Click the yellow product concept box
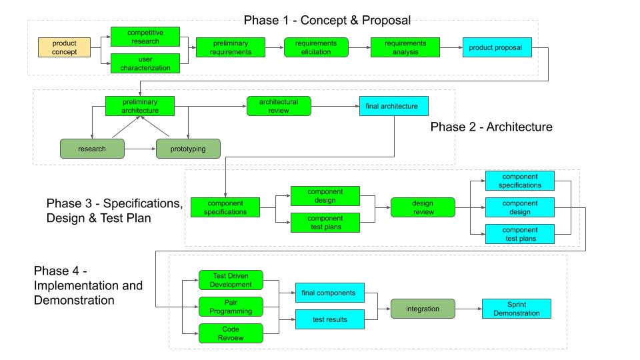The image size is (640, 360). pyautogui.click(x=64, y=47)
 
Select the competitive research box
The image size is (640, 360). pyautogui.click(x=145, y=37)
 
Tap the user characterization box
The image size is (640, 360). pyautogui.click(x=145, y=63)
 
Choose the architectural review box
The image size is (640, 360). pyautogui.click(x=278, y=106)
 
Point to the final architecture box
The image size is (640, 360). pyautogui.click(x=393, y=106)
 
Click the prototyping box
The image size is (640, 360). pyautogui.click(x=189, y=148)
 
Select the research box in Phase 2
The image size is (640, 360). pyautogui.click(x=92, y=148)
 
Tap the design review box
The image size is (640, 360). pyautogui.click(x=423, y=207)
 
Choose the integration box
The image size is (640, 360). pyautogui.click(x=423, y=309)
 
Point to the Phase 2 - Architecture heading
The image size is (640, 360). pyautogui.click(x=491, y=127)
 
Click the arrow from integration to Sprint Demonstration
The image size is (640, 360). pyautogui.click(x=469, y=309)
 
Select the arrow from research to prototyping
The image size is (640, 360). pyautogui.click(x=140, y=148)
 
